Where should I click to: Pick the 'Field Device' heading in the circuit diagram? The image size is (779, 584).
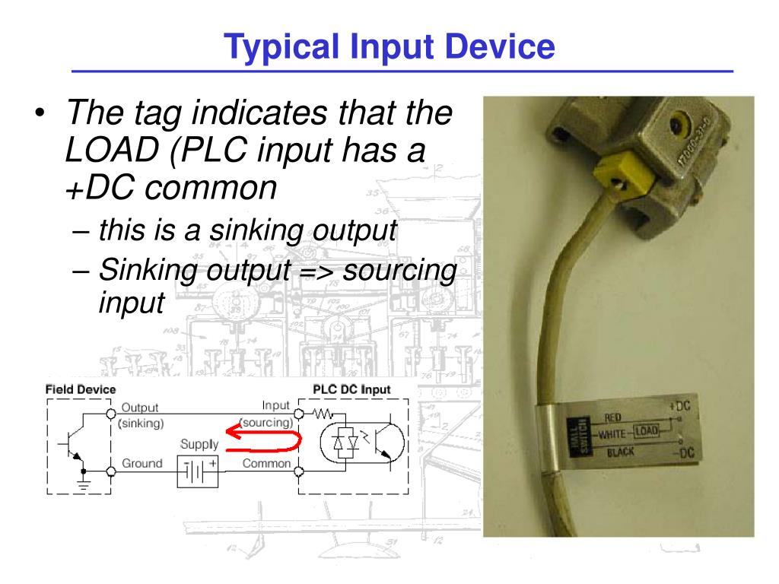[x=81, y=389]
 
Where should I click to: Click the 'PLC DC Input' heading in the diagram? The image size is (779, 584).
[x=351, y=389]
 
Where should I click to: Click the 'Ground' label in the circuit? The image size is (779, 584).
[x=142, y=463]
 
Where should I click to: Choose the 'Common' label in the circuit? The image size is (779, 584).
[x=266, y=463]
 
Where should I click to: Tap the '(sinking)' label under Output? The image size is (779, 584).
[x=141, y=424]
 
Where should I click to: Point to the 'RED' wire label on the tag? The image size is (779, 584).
[x=614, y=417]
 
